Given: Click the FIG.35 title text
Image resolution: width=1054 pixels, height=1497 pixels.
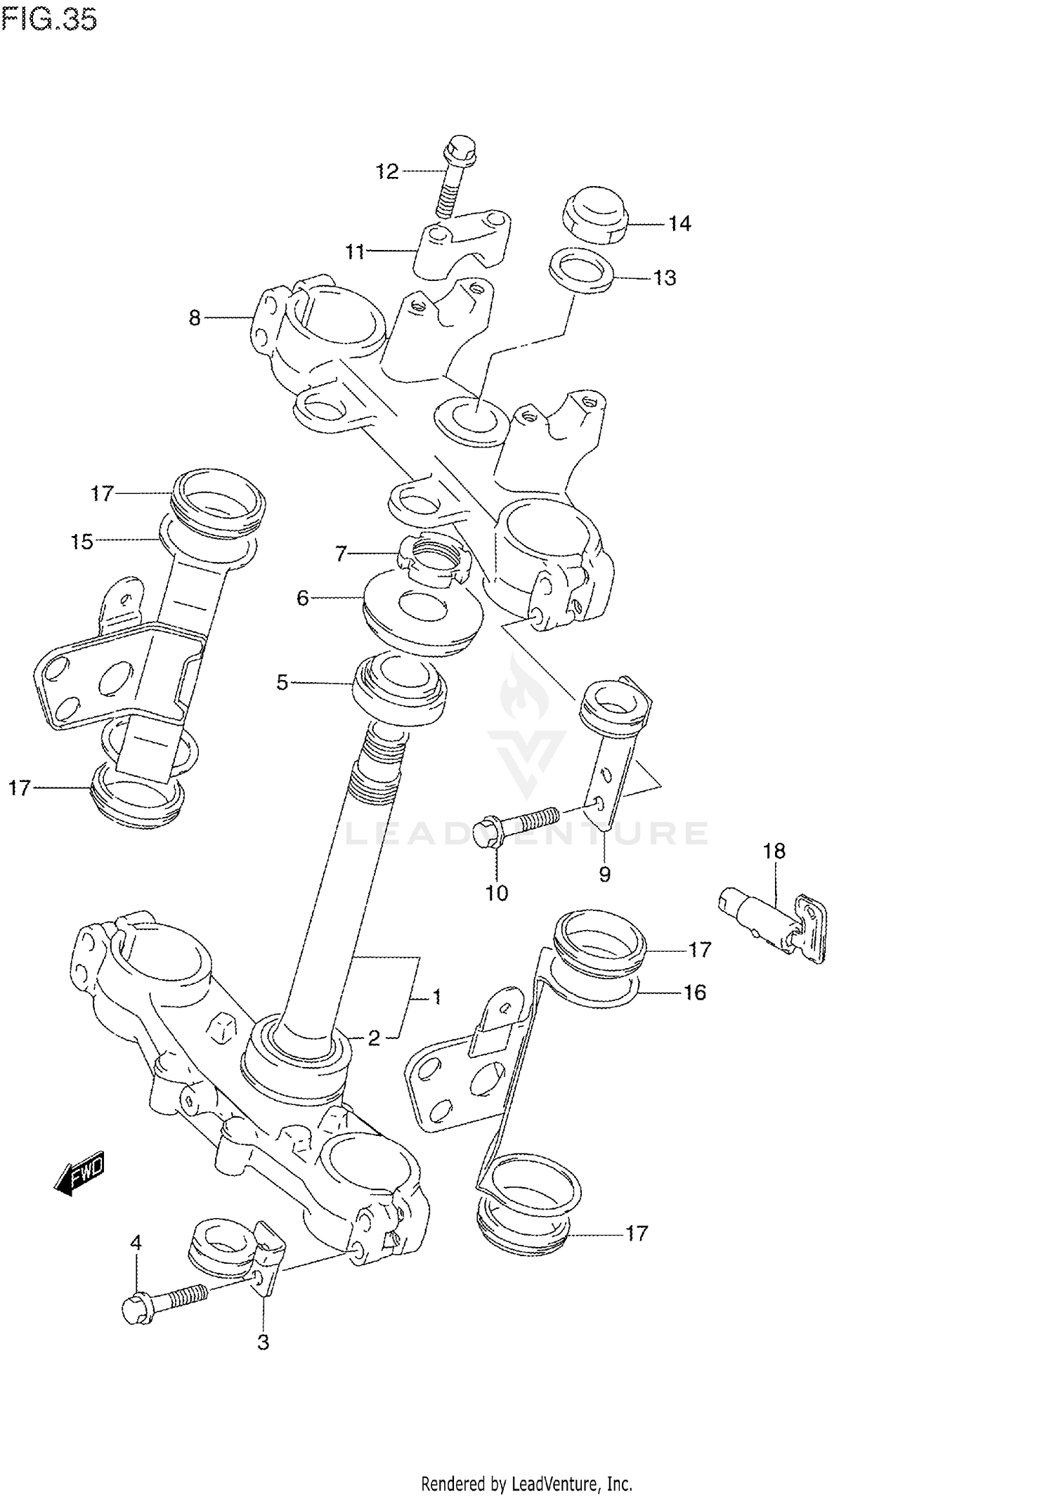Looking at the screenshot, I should (x=49, y=20).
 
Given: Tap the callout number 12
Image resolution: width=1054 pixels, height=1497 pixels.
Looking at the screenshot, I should (x=386, y=171).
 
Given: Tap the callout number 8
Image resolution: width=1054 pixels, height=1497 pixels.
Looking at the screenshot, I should (x=195, y=318).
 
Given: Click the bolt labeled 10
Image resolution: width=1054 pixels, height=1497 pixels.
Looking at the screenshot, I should (x=516, y=824).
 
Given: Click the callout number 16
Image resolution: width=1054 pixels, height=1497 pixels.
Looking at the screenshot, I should (x=694, y=992).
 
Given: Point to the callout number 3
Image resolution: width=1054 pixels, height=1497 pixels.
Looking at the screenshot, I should (x=263, y=1342).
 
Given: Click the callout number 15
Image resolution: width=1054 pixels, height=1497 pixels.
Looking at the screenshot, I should (x=82, y=542).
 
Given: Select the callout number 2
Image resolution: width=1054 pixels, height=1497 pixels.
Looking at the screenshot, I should (x=374, y=1038).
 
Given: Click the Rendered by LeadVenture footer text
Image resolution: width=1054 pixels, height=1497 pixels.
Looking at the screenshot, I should (x=526, y=1484).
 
